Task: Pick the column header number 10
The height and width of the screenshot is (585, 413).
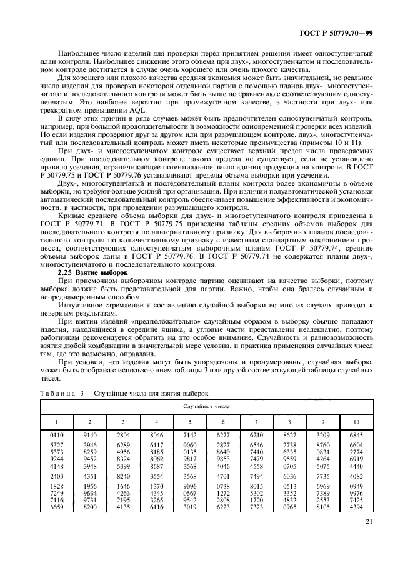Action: [x=355, y=421]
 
